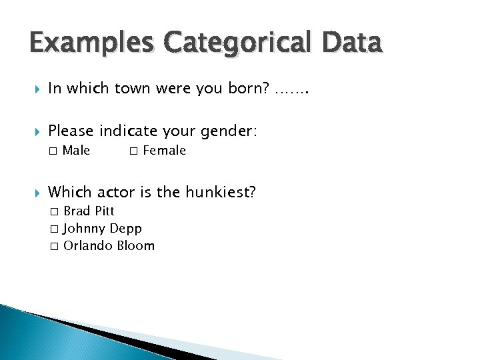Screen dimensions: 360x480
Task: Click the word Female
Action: (165, 151)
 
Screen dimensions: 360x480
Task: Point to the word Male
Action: (77, 151)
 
